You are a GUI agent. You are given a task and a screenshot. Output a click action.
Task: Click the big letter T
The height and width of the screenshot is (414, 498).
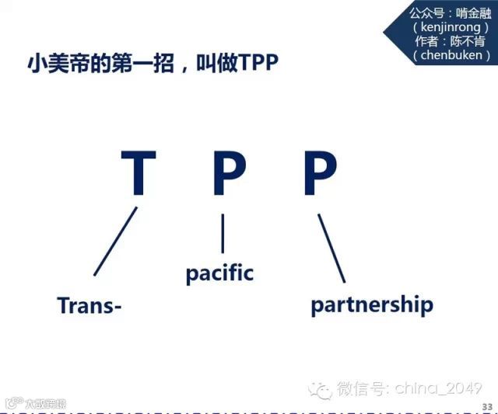(x=139, y=174)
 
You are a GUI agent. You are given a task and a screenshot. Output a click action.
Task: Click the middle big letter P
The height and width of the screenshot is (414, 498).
(x=229, y=174)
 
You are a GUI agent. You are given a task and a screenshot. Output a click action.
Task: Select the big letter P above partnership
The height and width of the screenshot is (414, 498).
(x=320, y=174)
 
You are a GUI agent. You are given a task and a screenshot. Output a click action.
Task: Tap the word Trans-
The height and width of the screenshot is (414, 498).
(x=89, y=305)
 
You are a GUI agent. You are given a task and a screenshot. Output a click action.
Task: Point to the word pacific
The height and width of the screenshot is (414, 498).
(x=219, y=273)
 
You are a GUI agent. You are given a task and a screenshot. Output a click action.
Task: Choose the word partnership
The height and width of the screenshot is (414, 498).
(x=371, y=304)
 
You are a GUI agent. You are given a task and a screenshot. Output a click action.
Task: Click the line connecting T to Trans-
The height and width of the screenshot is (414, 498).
(x=115, y=241)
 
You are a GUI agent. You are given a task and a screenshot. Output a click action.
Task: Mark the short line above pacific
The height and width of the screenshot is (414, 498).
(x=223, y=233)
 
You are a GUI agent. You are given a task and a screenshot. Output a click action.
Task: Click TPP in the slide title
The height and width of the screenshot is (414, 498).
(x=259, y=63)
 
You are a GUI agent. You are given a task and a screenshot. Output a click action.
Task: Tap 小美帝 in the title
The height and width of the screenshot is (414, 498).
(x=49, y=63)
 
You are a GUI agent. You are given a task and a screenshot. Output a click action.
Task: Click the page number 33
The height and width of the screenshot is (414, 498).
(x=487, y=407)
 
